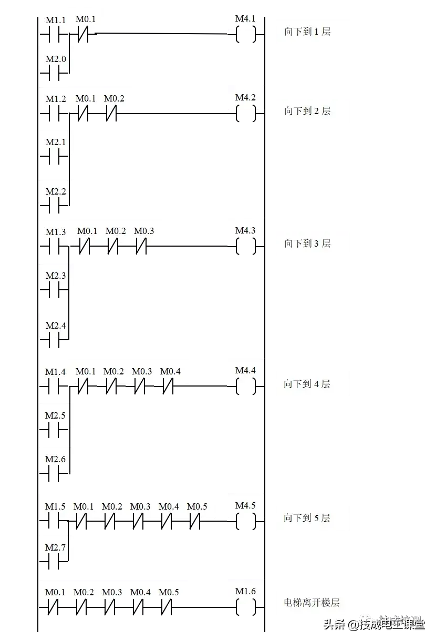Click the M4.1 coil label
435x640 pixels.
tap(245, 19)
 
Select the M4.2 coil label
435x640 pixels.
tap(245, 98)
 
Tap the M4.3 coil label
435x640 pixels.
tap(245, 230)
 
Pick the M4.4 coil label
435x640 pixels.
tap(245, 370)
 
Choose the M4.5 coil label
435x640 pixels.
tap(245, 505)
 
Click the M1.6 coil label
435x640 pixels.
tap(245, 591)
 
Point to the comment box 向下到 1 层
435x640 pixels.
tap(313, 32)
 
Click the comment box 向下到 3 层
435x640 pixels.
tap(313, 243)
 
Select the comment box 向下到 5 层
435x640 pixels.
tap(313, 519)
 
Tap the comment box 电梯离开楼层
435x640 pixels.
tap(313, 603)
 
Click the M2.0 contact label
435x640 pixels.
tap(56, 59)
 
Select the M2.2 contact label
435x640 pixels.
tap(56, 191)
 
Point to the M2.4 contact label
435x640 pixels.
tap(56, 326)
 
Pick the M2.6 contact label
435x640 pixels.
tap(56, 459)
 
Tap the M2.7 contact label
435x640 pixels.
tap(56, 547)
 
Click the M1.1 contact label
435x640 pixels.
tap(56, 21)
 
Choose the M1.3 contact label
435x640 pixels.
tap(56, 232)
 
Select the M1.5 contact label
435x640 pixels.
tap(55, 506)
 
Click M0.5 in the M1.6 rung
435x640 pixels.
tap(169, 592)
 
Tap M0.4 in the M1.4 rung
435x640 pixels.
tap(170, 371)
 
